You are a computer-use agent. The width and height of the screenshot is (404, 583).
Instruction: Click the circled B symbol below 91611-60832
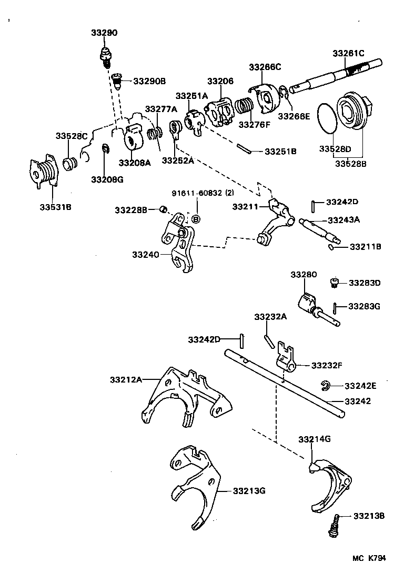point(196,218)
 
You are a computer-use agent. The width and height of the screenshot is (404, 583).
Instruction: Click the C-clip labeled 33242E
point(325,386)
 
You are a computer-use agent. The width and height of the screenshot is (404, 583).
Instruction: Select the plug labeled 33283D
point(334,283)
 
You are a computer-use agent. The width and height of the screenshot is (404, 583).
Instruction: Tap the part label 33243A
point(344,220)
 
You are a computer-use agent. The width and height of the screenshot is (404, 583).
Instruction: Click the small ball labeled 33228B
point(163,210)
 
